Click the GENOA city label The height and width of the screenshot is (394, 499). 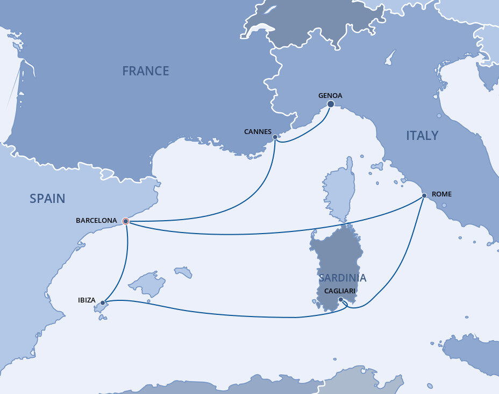point(330,96)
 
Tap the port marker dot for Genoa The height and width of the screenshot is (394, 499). point(331,104)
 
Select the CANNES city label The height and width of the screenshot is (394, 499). point(258,131)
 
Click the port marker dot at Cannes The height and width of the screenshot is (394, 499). point(275,137)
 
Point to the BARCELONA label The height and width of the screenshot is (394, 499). point(96,221)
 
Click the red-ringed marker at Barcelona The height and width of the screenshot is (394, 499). point(126,221)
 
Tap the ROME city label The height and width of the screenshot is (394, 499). point(441,194)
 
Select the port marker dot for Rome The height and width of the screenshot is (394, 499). point(424,195)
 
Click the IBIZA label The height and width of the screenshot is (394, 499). point(87,300)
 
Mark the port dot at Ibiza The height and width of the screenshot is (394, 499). point(103,302)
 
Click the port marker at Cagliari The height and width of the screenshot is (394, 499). point(341,299)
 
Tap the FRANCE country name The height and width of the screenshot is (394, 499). point(145,71)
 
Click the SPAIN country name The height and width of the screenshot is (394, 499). point(47,199)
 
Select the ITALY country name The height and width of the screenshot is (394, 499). point(422,136)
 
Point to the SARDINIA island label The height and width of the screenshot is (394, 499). point(343,278)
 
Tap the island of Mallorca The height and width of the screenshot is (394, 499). point(147,283)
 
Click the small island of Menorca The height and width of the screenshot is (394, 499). point(183,272)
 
